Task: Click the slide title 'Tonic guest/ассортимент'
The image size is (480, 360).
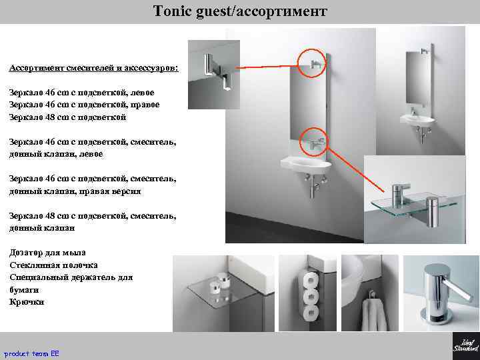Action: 240,11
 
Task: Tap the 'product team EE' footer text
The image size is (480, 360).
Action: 31,352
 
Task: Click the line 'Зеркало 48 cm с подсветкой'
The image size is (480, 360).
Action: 68,117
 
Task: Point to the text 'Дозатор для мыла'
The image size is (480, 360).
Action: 47,253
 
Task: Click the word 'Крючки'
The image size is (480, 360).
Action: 27,302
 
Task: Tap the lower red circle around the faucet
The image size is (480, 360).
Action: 315,140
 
